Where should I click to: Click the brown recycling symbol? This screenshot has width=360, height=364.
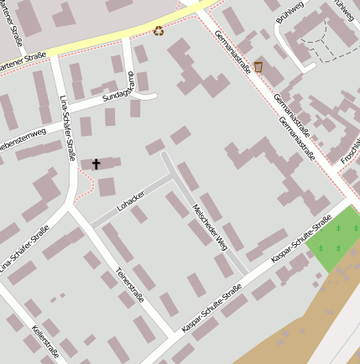coord(159,31)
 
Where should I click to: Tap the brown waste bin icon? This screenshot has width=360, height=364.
coord(258,67)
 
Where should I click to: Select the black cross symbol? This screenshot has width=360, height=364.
coord(96,164)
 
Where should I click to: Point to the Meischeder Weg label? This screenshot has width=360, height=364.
coord(210,227)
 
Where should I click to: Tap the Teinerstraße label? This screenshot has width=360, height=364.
coord(130,286)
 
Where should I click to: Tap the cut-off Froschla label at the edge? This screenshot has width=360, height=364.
coord(349,151)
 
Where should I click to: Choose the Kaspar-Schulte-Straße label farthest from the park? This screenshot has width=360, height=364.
coord(211,307)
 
